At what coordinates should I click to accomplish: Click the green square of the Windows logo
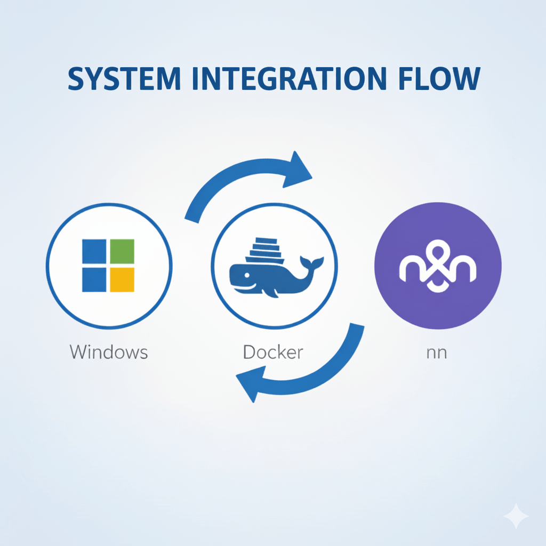[122, 251]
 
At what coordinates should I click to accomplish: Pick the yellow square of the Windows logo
[122, 279]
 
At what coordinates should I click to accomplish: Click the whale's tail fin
[311, 263]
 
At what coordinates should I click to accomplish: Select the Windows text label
[109, 352]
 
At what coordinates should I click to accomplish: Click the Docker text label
[273, 352]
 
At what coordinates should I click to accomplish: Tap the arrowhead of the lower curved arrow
[249, 386]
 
